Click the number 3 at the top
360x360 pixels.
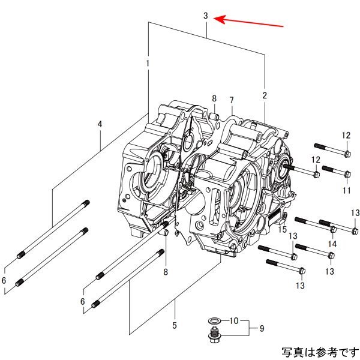click(x=205, y=16)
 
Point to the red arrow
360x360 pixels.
click(x=249, y=22)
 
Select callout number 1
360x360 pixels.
click(x=148, y=63)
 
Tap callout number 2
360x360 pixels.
click(x=265, y=95)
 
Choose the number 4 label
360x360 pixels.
click(x=100, y=124)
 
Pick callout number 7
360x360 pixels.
click(x=231, y=99)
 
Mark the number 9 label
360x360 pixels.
click(x=261, y=328)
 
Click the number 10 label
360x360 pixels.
click(x=235, y=320)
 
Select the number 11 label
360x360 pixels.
click(x=346, y=190)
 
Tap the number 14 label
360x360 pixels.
click(x=332, y=244)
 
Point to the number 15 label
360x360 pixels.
click(x=282, y=229)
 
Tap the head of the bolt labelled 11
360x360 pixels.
click(x=347, y=174)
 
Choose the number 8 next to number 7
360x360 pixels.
click(x=213, y=98)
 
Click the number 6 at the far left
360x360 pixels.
click(x=4, y=281)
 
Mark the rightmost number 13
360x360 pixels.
click(x=355, y=213)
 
